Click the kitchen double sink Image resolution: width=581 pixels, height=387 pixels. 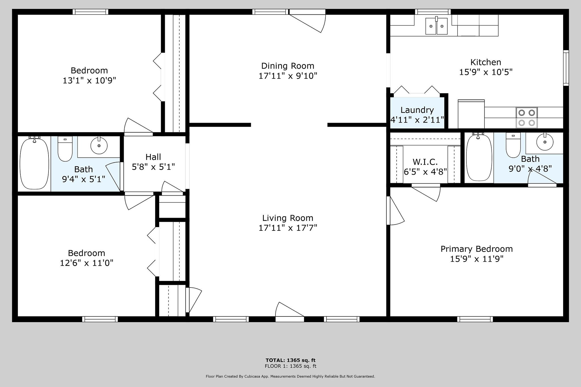[436, 26]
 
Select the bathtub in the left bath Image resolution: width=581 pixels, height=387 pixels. [34, 163]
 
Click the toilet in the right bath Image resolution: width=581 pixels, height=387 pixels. [513, 145]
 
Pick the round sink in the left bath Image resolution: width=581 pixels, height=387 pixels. [99, 145]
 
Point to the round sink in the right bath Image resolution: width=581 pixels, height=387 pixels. [545, 141]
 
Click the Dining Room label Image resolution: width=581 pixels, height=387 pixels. [288, 66]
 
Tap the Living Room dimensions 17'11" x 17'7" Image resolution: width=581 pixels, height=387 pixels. [288, 228]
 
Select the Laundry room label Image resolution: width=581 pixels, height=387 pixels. [417, 110]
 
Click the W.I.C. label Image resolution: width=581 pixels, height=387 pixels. [425, 162]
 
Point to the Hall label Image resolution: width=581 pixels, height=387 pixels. [153, 157]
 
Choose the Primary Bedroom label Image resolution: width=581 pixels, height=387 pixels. [477, 249]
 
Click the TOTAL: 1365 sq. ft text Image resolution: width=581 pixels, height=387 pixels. [290, 360]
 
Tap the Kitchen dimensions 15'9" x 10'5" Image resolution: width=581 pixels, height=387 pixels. [486, 72]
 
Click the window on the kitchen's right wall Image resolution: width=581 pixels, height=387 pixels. [566, 68]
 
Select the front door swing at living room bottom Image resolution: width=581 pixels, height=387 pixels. [290, 312]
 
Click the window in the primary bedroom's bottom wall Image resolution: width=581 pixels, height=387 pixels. [475, 319]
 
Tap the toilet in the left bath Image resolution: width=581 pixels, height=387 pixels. [65, 149]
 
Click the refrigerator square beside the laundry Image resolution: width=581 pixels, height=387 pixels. [471, 114]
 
